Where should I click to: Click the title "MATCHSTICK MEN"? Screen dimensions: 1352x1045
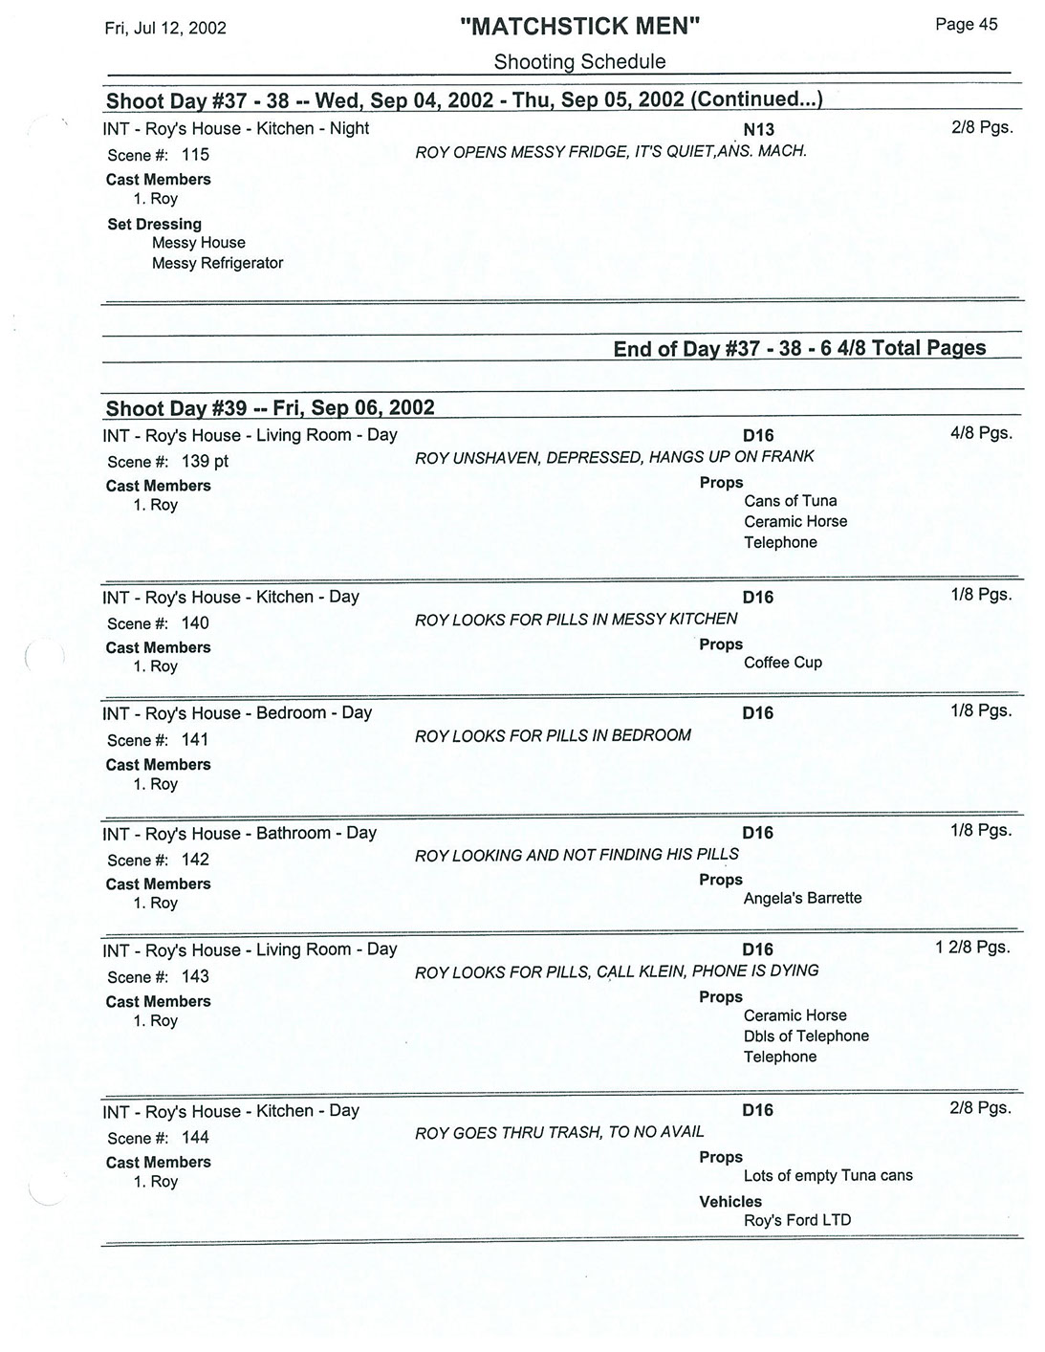pos(579,27)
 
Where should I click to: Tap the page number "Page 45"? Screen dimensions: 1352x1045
pos(966,25)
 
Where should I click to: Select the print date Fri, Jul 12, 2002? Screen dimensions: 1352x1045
pos(165,28)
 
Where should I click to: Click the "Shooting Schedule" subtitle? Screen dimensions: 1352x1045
pos(579,62)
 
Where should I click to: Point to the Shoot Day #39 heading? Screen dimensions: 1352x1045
pos(270,408)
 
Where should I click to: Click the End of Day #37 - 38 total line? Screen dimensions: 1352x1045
pos(799,348)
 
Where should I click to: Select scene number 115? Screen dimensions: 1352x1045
pos(195,155)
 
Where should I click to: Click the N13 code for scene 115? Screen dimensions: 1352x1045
pos(758,130)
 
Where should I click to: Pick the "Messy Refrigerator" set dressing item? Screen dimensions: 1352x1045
pos(217,263)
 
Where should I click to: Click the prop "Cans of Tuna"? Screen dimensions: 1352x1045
pos(790,501)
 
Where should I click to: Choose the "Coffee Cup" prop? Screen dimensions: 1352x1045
pos(782,663)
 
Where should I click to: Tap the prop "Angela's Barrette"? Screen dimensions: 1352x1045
pos(802,898)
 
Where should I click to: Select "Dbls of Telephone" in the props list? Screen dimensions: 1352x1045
pos(806,1036)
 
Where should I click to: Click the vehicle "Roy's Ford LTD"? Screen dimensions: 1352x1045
pos(796,1220)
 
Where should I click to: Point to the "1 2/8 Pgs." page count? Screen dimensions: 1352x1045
pos(972,948)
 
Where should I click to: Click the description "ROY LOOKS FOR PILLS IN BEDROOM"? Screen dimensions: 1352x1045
pos(553,735)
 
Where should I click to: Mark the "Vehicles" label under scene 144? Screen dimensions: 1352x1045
pos(730,1202)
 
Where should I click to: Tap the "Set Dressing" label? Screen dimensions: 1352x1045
pos(154,224)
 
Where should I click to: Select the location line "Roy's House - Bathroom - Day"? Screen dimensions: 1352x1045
pos(239,833)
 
